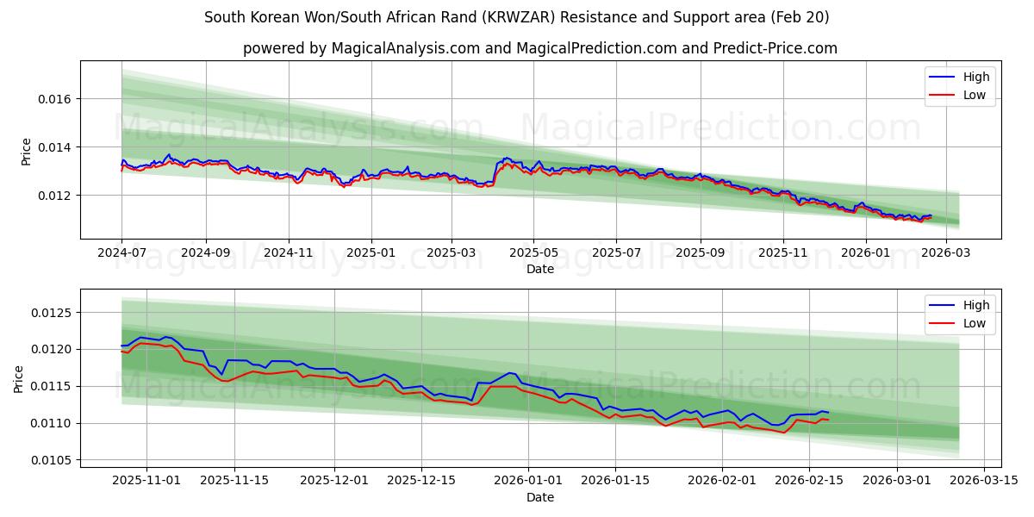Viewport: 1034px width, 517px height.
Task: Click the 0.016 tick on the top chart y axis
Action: [x=56, y=99]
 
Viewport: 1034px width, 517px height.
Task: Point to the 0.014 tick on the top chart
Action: [x=56, y=147]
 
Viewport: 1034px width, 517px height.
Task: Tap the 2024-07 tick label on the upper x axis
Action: [x=122, y=253]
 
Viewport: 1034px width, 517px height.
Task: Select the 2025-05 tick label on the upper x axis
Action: [x=533, y=253]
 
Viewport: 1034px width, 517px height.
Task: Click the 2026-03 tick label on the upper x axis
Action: [x=947, y=253]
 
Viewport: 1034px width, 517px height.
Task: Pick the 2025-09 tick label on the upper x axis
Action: [x=700, y=253]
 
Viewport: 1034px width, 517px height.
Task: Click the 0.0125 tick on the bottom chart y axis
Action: [x=53, y=312]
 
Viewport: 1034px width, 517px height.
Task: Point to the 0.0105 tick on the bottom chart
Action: [x=53, y=460]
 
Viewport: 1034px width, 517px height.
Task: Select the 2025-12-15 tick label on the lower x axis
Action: [x=421, y=481]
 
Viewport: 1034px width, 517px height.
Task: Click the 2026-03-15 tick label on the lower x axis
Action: [x=985, y=481]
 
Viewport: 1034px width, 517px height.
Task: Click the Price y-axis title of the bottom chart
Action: [x=19, y=378]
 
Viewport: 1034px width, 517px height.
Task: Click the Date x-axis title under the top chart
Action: [x=540, y=269]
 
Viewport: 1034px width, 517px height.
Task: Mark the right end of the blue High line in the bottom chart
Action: [x=828, y=413]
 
